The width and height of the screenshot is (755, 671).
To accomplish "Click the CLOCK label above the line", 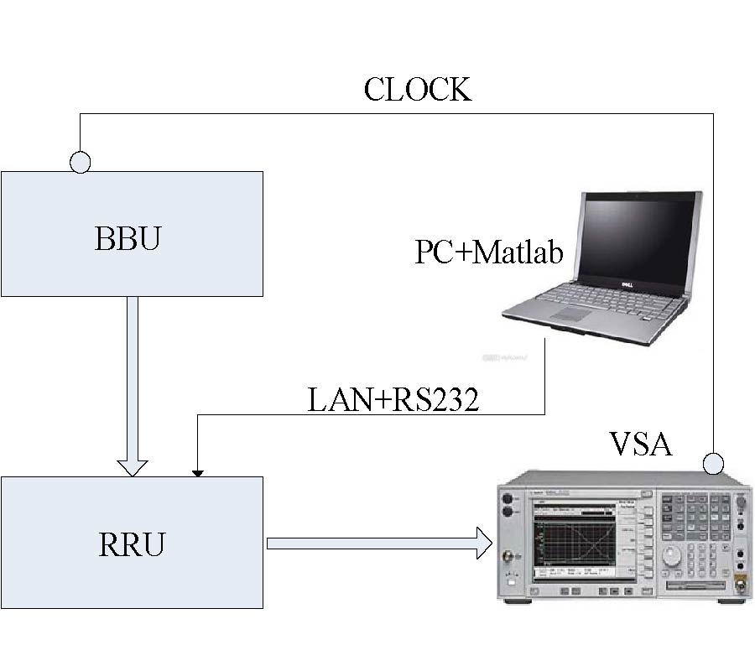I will (417, 89).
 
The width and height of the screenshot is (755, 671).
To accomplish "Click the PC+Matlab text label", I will (489, 252).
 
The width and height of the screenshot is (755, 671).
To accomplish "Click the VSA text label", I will (639, 443).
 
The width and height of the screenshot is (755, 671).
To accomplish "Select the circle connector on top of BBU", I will (80, 162).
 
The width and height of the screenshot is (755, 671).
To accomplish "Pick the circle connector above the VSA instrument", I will (713, 463).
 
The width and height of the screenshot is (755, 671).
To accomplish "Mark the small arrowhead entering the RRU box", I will (197, 473).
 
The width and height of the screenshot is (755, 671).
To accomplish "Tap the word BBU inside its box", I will (128, 239).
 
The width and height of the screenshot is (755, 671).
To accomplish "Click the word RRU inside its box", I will (132, 544).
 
